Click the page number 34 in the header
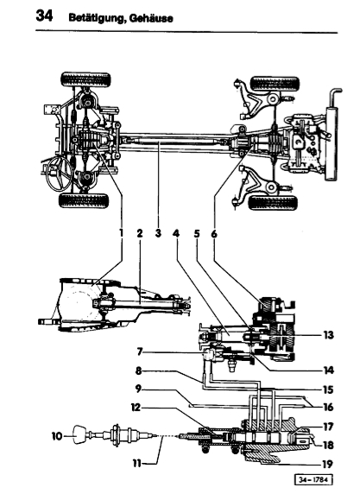point(44,16)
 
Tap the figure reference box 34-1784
point(313,479)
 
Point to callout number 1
point(121,233)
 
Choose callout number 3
point(158,233)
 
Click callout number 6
point(214,234)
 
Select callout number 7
point(141,351)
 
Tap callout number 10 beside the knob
point(57,437)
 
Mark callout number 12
point(136,408)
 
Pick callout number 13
point(328,334)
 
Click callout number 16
point(328,407)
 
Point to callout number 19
point(327,464)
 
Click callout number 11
point(137,464)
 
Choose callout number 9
point(139,389)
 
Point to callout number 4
point(176,233)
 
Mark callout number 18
point(327,445)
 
